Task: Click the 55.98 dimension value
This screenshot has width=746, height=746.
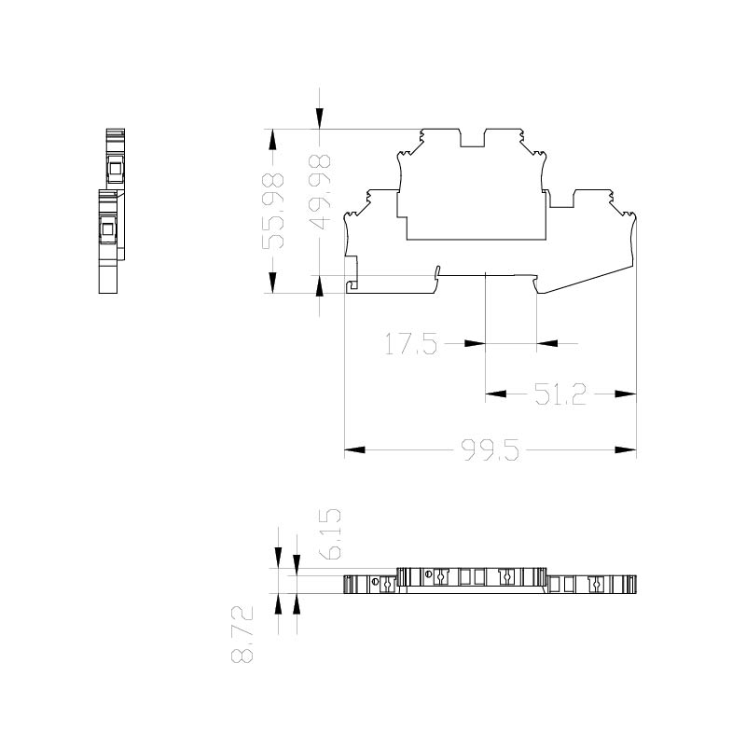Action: tap(273, 211)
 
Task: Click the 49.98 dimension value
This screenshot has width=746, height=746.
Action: tap(320, 192)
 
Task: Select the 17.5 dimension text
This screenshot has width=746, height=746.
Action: tap(410, 344)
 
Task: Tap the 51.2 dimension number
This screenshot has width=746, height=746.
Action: tap(560, 394)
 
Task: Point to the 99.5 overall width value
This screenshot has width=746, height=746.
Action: tap(490, 450)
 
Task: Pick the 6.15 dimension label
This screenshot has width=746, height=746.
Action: tap(331, 533)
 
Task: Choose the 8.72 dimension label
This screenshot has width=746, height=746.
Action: tap(242, 635)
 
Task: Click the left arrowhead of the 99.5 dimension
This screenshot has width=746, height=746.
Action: tap(354, 449)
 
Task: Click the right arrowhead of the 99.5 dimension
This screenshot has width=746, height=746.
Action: tap(626, 449)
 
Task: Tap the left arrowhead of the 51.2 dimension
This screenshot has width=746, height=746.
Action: tap(496, 394)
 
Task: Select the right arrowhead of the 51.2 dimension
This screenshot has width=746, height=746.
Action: tap(626, 394)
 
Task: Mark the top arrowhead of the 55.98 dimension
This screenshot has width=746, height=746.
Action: tap(272, 139)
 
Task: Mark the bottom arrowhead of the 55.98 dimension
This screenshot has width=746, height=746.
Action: tap(272, 283)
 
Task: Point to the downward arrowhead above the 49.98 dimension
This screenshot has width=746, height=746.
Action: tap(319, 118)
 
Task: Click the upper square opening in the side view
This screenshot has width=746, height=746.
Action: tap(115, 169)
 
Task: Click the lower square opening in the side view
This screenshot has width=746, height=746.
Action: tap(107, 229)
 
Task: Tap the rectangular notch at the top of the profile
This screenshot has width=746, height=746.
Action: tap(472, 138)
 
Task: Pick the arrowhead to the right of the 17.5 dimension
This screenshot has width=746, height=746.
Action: tap(547, 343)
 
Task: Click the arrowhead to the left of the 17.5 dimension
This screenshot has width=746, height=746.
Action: tap(475, 343)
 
